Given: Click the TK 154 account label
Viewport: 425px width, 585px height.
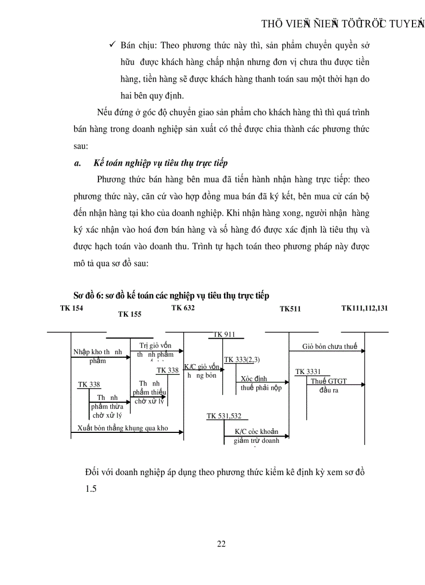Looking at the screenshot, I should point(71,308).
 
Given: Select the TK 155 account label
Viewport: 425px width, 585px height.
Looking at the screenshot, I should point(130,314).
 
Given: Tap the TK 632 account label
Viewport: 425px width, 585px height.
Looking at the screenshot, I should point(183,308).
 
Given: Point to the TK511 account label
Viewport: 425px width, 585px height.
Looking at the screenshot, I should point(290,309).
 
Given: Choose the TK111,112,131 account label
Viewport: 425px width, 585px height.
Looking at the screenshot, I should point(365,308).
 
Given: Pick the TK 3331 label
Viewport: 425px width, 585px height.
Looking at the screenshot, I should point(308,371).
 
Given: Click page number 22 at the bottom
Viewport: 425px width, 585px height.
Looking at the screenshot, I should point(221,544).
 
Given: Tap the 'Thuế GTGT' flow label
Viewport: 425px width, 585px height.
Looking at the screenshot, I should point(329,381).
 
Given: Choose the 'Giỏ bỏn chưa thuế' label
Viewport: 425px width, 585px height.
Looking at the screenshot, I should point(330,346).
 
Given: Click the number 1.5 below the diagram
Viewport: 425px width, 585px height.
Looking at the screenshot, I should point(91,489).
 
